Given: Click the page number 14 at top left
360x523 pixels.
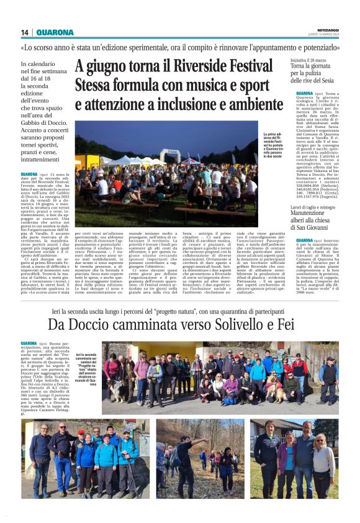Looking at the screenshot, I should [25, 32].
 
